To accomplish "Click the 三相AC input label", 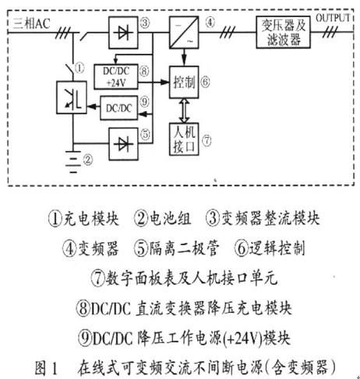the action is point(31,24).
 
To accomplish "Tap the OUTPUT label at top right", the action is point(333,18).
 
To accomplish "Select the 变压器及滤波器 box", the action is point(283,33).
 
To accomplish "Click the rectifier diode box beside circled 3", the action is point(123,33).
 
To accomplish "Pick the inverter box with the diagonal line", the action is point(184,33).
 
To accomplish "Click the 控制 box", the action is point(184,82).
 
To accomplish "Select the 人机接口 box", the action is point(184,139).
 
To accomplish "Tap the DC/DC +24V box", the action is point(116,77).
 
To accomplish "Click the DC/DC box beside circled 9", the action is point(119,108).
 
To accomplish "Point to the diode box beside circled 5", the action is point(123,144).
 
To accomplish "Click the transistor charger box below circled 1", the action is point(72,97).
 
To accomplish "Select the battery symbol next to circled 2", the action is point(73,161).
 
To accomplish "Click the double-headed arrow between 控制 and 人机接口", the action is point(184,111).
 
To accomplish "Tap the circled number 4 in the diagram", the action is point(210,23).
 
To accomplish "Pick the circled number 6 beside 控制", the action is point(205,82).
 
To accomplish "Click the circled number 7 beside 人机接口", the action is point(206,141).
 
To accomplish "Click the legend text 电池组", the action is point(170,218).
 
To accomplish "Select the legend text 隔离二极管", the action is point(184,248).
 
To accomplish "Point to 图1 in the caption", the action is point(46,368).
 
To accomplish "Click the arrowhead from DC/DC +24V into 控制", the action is point(164,82).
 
